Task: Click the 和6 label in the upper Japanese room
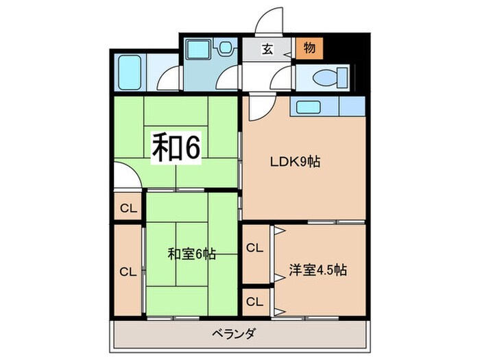click(x=176, y=147)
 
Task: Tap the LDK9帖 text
click(x=294, y=163)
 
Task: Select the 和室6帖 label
click(x=192, y=254)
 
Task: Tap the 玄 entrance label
click(x=267, y=49)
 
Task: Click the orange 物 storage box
click(x=309, y=49)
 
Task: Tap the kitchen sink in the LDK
click(x=314, y=107)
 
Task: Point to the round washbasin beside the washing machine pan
click(x=224, y=49)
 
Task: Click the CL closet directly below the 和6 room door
click(x=128, y=208)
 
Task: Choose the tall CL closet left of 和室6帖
click(x=128, y=272)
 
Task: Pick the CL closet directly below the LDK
click(x=254, y=248)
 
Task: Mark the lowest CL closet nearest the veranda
click(x=254, y=301)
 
